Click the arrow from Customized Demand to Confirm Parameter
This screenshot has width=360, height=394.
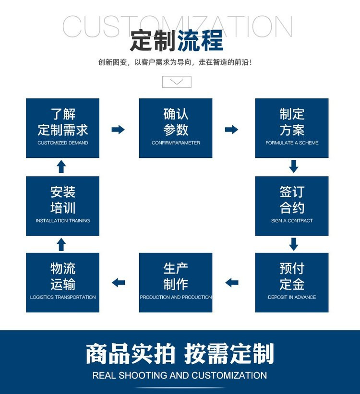[118, 130]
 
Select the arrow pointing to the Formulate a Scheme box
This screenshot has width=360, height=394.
[231, 130]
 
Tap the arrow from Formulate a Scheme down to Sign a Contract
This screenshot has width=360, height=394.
[294, 167]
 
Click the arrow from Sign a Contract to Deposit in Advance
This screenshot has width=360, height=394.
[294, 244]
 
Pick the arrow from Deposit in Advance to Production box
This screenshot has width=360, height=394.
[231, 283]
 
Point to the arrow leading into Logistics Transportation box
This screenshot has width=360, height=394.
[118, 283]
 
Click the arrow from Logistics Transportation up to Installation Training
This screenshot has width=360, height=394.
[61, 244]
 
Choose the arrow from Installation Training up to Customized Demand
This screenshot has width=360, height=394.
[61, 167]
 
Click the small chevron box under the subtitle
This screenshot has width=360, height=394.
[177, 82]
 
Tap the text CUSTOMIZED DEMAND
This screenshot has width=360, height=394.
[62, 143]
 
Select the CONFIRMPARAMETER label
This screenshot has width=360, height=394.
[176, 143]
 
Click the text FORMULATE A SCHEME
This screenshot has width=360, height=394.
[292, 143]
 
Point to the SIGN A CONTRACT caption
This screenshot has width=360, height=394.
[292, 221]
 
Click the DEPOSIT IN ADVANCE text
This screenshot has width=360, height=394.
[292, 297]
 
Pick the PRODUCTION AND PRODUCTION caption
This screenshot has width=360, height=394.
[176, 297]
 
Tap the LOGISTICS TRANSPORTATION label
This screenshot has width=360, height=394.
[63, 297]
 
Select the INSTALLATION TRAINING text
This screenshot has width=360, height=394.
[62, 221]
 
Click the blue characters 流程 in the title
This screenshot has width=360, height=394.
[200, 40]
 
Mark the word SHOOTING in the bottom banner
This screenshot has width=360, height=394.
[143, 375]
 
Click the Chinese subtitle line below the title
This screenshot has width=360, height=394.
[175, 62]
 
